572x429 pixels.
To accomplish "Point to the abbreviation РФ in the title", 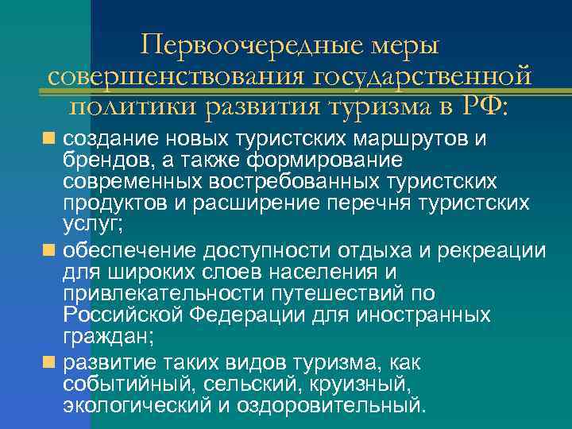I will (481, 106).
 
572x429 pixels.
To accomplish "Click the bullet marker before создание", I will (49, 138).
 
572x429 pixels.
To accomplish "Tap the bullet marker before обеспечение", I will (49, 251).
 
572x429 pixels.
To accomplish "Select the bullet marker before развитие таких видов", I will (49, 363).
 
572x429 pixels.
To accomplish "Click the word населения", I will (304, 273).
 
